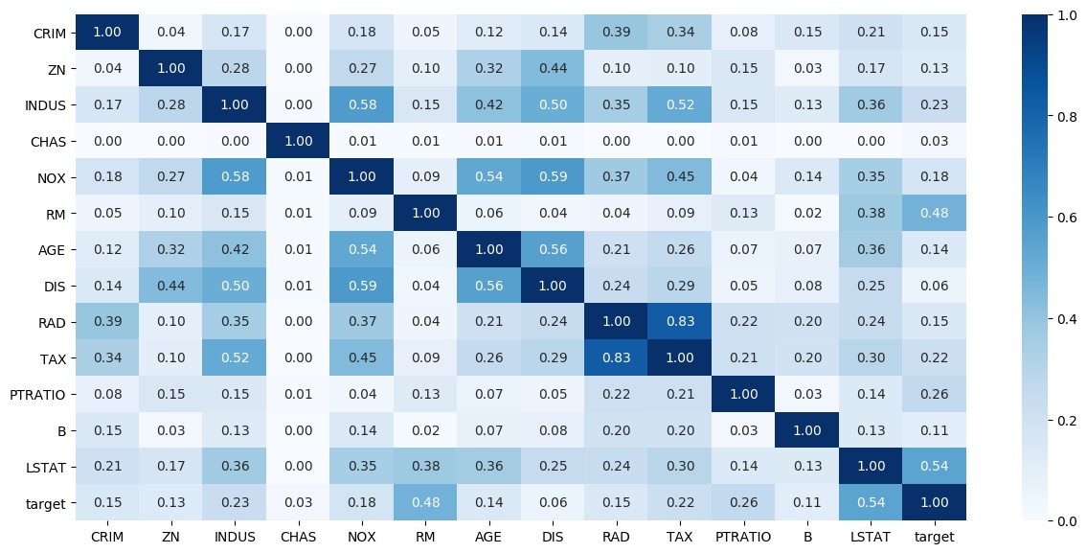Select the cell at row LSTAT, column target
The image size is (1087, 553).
coord(935,465)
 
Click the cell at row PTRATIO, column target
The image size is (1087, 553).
coord(935,393)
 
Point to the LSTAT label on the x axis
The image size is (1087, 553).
coord(872,537)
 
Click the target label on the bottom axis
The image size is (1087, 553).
coord(935,537)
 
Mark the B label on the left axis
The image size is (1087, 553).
coord(61,429)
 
